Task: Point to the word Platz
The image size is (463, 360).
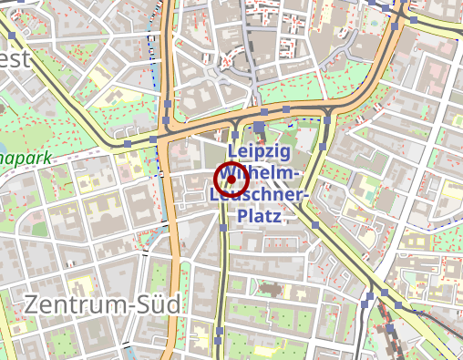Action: coord(259,216)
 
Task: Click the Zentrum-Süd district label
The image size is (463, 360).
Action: coord(102,303)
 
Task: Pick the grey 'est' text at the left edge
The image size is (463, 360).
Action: coord(15,60)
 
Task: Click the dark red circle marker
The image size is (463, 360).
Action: coord(231,179)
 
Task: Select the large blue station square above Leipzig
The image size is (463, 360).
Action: coord(260,128)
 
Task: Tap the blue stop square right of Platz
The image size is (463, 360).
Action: coord(314,224)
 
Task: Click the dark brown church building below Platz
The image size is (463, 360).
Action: coord(270,291)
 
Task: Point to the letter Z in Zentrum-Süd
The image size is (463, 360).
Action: coord(33,303)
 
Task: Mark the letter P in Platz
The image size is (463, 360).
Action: coord(242,216)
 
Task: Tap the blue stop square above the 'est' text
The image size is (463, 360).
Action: coord(13,37)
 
